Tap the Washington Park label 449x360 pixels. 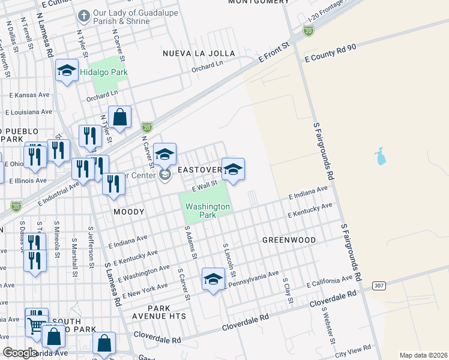click(207, 210)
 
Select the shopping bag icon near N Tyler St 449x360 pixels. click(120, 118)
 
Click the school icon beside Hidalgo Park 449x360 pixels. click(67, 71)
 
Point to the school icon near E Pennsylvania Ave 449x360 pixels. click(212, 279)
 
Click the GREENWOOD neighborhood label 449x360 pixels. click(289, 240)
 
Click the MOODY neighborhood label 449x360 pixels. click(129, 212)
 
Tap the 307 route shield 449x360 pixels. click(378, 285)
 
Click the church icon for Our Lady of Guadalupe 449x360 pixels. click(84, 14)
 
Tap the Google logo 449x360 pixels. click(20, 353)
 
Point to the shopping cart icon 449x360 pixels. click(36, 326)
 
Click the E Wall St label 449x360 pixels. click(203, 188)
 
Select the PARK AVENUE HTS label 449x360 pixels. click(161, 316)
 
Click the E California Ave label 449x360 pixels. click(330, 282)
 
